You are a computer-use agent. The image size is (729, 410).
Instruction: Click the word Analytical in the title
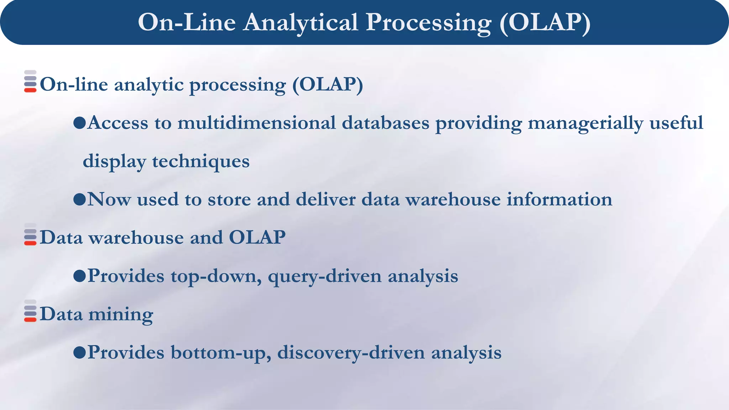click(x=301, y=23)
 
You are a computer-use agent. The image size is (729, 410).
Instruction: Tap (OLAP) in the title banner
click(x=545, y=23)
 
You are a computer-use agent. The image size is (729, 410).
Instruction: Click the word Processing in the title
click(x=429, y=23)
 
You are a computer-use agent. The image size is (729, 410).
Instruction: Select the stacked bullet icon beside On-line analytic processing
click(x=30, y=82)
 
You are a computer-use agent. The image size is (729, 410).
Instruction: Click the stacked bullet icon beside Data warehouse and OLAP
click(x=30, y=235)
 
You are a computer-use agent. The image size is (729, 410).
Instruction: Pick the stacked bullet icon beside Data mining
click(x=30, y=311)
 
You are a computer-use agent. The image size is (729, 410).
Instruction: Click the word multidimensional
click(x=256, y=123)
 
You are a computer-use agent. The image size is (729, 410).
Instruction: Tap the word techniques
click(x=201, y=161)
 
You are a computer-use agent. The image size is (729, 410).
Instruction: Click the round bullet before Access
click(x=79, y=123)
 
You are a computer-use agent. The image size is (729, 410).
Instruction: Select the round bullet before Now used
click(x=79, y=200)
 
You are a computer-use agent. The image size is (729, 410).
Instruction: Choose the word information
click(x=559, y=199)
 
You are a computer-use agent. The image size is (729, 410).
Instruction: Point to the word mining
click(x=121, y=315)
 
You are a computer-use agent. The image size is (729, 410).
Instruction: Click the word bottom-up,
click(x=221, y=353)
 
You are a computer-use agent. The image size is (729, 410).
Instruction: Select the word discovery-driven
click(x=351, y=353)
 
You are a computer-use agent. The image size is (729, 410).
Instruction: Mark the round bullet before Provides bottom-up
click(x=79, y=353)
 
